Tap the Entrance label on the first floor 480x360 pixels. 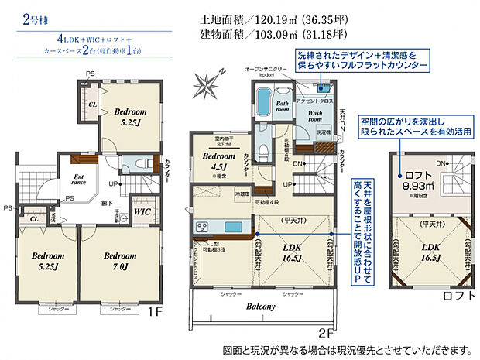pyautogui.click(x=80, y=180)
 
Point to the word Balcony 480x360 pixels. pyautogui.click(x=261, y=307)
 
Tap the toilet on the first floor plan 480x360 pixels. pyautogui.click(x=141, y=164)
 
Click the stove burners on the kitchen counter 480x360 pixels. pyautogui.click(x=202, y=227)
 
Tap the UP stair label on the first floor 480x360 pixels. pyautogui.click(x=114, y=184)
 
